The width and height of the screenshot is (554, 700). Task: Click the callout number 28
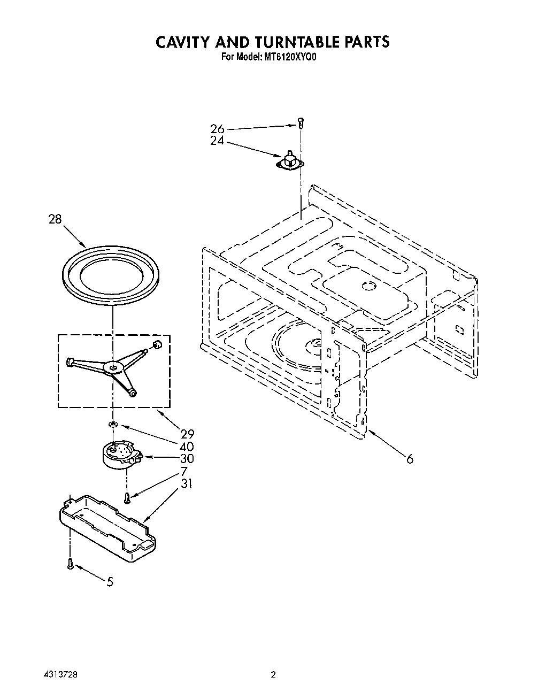click(x=55, y=219)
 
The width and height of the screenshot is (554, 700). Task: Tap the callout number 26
click(x=217, y=129)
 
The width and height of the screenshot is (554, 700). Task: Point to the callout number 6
click(x=410, y=459)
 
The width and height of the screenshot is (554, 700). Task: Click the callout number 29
click(x=187, y=434)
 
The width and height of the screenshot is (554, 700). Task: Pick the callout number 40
click(x=187, y=447)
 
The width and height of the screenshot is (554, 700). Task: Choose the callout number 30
click(x=187, y=459)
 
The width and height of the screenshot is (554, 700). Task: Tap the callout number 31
click(x=187, y=484)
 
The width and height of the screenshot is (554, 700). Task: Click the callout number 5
click(x=110, y=582)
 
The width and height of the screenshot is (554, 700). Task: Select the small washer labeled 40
click(x=113, y=424)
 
